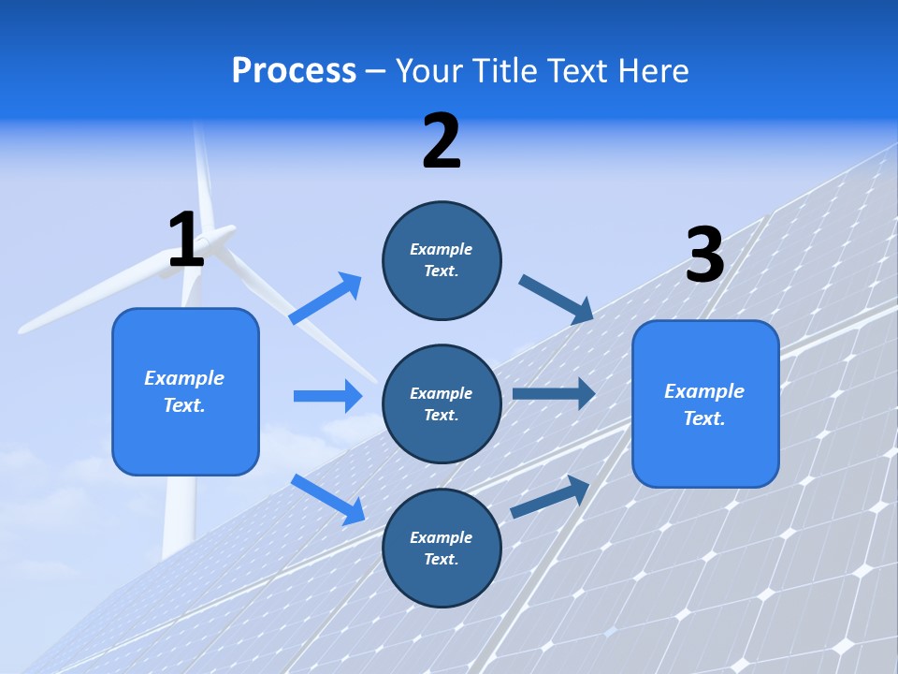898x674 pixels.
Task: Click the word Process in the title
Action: click(294, 70)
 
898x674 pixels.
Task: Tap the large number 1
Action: click(186, 240)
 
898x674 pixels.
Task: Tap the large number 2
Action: click(442, 140)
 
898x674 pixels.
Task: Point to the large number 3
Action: click(704, 255)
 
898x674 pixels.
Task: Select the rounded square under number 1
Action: click(185, 391)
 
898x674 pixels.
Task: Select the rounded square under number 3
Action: click(705, 403)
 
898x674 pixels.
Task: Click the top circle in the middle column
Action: click(442, 260)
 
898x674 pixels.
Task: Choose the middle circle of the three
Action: click(442, 403)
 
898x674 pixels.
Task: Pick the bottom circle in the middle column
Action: click(442, 548)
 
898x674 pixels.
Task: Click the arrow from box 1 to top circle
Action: click(326, 299)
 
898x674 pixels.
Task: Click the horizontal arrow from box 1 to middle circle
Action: click(327, 396)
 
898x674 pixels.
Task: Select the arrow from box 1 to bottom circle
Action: click(327, 499)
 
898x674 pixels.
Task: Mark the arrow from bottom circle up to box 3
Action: click(551, 496)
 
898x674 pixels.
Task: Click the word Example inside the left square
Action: click(184, 378)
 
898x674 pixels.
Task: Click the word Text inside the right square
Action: click(703, 418)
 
